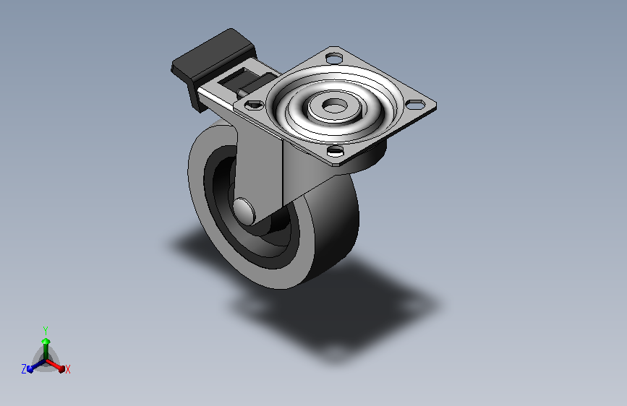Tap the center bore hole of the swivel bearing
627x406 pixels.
click(x=333, y=106)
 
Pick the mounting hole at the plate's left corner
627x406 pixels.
click(x=252, y=105)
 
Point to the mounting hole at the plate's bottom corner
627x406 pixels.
click(x=335, y=151)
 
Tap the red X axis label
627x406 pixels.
click(x=67, y=369)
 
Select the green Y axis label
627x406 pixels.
click(x=45, y=329)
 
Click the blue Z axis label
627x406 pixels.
click(x=24, y=369)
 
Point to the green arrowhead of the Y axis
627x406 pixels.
click(x=45, y=340)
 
